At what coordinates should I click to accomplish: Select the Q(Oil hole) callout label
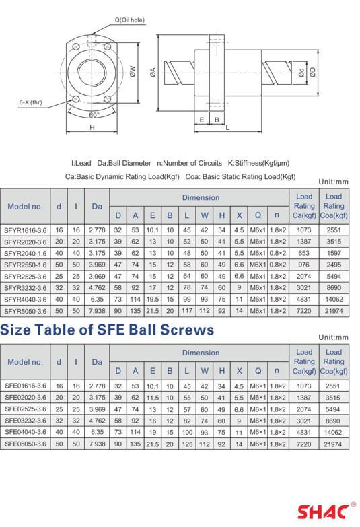coord(129,20)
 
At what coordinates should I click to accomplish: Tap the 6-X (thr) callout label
coord(30,102)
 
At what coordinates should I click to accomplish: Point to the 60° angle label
coord(94,115)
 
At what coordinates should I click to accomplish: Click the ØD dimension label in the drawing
coord(313,72)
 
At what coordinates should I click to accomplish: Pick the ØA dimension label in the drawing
coord(153,72)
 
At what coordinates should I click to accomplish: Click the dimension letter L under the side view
coord(227,127)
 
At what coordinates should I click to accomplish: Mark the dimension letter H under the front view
coord(92,127)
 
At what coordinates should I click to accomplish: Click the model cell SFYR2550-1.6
coord(25,265)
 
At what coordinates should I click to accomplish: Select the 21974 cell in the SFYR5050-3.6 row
coord(334,311)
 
